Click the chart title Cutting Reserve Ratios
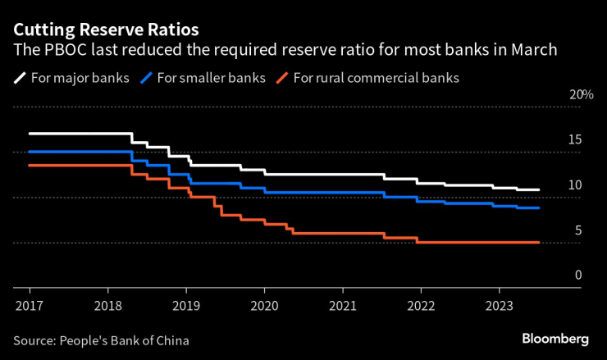coord(106,30)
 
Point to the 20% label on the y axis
coord(581,95)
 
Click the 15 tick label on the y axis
coord(575,140)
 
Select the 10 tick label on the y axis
coord(575,185)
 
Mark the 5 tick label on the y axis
coord(577,230)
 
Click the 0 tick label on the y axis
coord(577,276)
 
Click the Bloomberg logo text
coord(555,339)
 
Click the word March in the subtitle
coord(534,51)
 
